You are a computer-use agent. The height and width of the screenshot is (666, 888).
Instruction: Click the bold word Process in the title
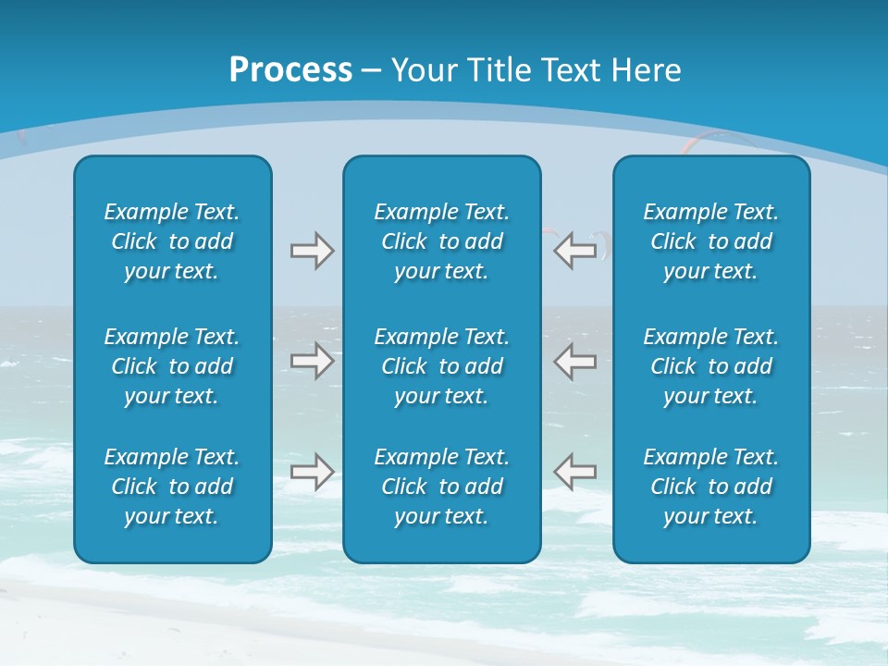290,70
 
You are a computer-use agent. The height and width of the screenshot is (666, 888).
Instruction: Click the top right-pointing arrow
312,251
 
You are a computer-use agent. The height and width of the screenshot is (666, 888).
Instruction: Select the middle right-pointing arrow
312,361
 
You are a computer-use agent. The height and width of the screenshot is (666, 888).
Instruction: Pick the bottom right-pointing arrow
312,472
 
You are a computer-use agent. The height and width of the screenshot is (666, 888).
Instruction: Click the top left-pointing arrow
574,251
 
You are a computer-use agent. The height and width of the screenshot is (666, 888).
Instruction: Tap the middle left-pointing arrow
574,361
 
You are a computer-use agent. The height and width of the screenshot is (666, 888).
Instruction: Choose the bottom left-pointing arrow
574,472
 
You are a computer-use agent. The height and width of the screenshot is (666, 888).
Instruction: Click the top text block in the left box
172,241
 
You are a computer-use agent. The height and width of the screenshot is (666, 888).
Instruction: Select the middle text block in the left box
172,366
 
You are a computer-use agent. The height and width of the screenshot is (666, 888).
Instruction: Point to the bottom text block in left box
172,487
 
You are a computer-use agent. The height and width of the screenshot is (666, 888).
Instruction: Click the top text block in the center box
441,241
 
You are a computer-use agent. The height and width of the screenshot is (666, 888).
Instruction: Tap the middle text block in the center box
441,366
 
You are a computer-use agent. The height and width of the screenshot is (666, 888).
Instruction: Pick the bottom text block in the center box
441,487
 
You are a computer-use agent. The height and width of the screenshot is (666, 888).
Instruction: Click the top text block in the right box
710,241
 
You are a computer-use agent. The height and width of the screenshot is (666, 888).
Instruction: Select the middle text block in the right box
710,366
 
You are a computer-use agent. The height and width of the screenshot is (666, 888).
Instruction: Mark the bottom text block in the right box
710,487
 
